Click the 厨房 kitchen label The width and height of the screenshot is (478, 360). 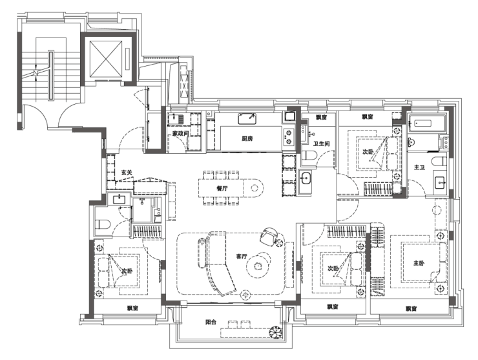click(247, 138)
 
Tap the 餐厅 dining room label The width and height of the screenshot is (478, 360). click(222, 188)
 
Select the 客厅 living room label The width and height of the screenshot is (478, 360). click(242, 257)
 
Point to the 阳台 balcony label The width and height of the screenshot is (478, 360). click(211, 322)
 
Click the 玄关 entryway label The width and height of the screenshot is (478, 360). click(127, 173)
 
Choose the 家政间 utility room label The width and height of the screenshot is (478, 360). click(180, 133)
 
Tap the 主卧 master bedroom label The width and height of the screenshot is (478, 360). click(419, 262)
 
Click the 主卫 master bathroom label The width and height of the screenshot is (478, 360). click(419, 167)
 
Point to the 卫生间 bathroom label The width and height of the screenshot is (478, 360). click(321, 143)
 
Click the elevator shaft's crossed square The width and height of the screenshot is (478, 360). click(105, 58)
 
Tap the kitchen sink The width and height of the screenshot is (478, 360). click(247, 118)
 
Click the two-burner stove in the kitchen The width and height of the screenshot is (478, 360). click(288, 136)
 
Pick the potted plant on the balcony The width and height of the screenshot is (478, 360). click(276, 332)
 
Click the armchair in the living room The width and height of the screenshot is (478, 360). click(269, 237)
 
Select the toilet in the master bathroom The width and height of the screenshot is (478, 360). click(439, 161)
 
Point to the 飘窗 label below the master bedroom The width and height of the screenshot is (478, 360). click(411, 309)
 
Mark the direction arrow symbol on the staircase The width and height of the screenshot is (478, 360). click(37, 72)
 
